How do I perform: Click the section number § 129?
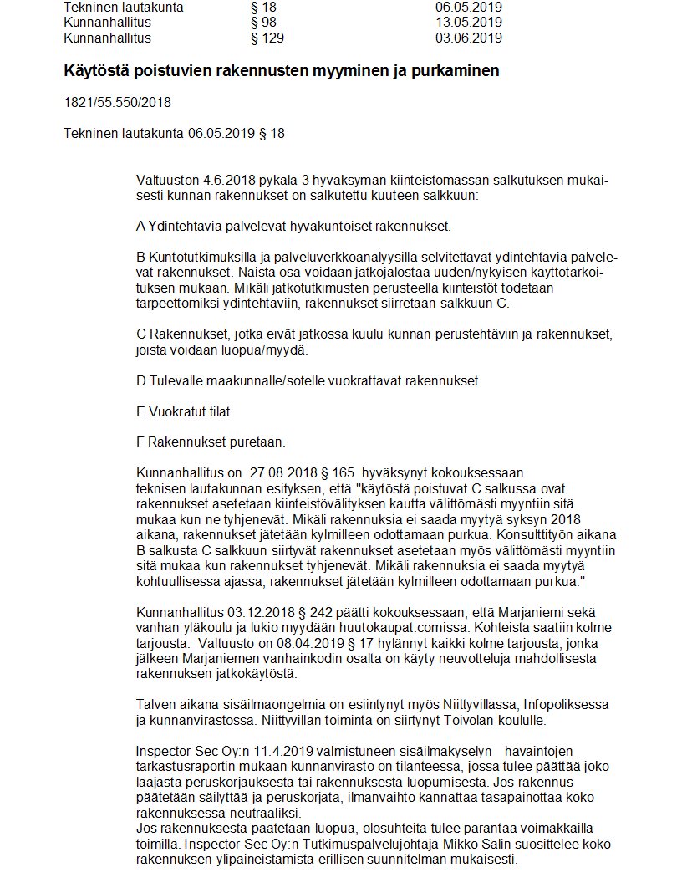[x=267, y=38]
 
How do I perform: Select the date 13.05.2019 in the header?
[x=469, y=23]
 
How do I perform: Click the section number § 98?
[x=264, y=23]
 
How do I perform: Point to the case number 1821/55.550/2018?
[x=117, y=103]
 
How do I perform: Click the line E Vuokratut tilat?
[x=185, y=411]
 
